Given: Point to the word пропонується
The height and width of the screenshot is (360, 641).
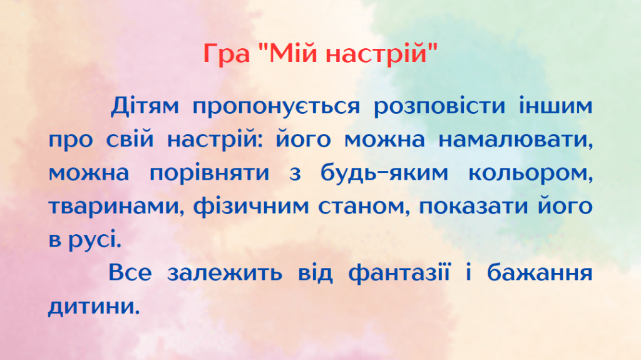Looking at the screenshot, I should [x=276, y=106].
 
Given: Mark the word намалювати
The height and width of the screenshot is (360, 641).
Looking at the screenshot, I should [x=515, y=140].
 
